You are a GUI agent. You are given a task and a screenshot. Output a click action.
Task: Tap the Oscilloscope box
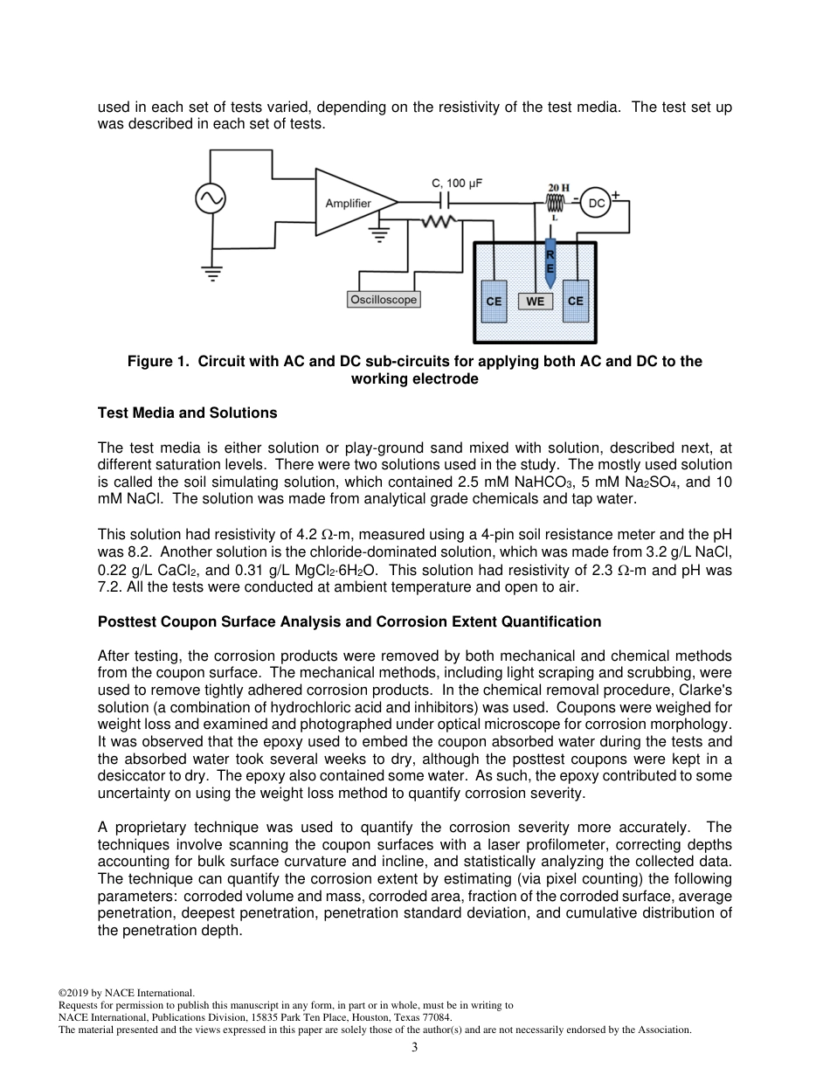click(384, 300)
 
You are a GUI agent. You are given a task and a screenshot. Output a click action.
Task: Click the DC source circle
click(596, 203)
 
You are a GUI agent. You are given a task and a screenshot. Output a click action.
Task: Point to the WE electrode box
click(536, 302)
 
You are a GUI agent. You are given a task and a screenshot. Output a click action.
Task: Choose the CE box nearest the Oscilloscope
click(494, 302)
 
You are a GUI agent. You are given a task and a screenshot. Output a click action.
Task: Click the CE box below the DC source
click(575, 302)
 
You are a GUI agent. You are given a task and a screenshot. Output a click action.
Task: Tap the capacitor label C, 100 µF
click(457, 184)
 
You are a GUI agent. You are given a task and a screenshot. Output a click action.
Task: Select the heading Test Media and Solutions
click(187, 413)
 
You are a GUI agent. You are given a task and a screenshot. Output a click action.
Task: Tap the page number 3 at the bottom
click(415, 1047)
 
